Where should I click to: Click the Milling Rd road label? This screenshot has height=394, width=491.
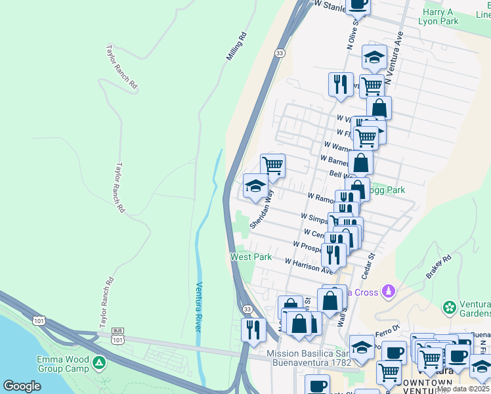click(x=236, y=47)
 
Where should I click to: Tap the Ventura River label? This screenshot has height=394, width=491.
click(x=200, y=307)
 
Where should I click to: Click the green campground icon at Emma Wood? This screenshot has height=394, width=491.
click(x=98, y=362)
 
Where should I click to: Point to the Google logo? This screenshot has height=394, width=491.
click(x=22, y=386)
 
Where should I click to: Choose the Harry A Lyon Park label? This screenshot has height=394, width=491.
click(x=438, y=16)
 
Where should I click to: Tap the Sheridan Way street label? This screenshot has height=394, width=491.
click(x=261, y=209)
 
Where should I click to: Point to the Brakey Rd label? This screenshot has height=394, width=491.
click(x=438, y=267)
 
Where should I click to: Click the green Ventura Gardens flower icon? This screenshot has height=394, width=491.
click(x=450, y=307)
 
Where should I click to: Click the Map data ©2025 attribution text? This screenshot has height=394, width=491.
click(x=463, y=389)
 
